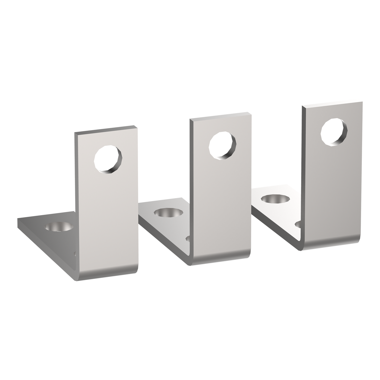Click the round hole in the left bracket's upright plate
coord(108,160)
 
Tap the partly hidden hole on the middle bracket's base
coord(188,239)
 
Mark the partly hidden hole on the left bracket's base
coord(75,254)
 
